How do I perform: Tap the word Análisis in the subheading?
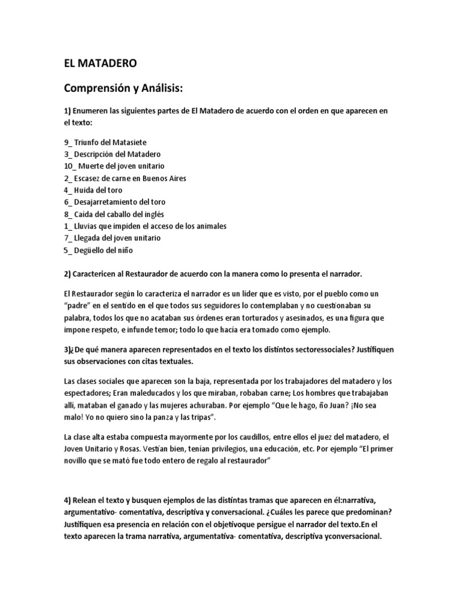click(158, 89)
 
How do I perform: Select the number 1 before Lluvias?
click(66, 225)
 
